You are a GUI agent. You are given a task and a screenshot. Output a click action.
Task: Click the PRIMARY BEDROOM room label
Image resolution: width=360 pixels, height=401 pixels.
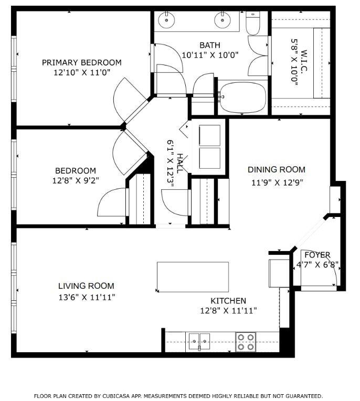coord(81,62)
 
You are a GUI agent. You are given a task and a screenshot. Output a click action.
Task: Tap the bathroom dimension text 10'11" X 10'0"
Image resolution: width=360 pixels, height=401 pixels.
coord(209,55)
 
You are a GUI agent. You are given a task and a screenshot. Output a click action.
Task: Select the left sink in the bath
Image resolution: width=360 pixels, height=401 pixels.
coord(166,20)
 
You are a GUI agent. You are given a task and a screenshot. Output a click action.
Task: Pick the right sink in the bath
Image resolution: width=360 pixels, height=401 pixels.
coord(223,20)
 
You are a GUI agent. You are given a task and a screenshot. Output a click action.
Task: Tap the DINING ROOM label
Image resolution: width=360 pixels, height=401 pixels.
coord(276,170)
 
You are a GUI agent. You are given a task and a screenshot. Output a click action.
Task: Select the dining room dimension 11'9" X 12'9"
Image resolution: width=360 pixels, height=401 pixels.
coord(276,182)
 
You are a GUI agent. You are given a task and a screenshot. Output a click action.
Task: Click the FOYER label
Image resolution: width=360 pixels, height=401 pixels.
coord(317,255)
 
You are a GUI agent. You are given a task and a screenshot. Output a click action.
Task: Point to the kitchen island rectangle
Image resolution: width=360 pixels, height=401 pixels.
coord(193,277)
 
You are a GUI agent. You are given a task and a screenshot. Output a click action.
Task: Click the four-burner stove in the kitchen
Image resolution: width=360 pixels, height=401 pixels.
coord(245,341)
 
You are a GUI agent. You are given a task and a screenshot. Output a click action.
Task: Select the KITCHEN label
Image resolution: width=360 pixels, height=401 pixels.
coord(228,301)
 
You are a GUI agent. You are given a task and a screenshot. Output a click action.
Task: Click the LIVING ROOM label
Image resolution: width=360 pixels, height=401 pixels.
coord(86,286)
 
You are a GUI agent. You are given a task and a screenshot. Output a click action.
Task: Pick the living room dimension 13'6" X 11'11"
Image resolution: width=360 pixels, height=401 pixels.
coord(86,297)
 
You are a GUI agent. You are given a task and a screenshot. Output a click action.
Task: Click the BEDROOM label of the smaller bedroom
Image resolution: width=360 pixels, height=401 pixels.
coord(76,171)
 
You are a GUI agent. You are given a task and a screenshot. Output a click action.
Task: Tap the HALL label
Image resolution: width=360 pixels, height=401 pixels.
coord(180,163)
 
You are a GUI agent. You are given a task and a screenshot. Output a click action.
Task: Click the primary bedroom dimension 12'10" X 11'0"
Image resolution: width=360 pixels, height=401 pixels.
coord(81,73)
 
